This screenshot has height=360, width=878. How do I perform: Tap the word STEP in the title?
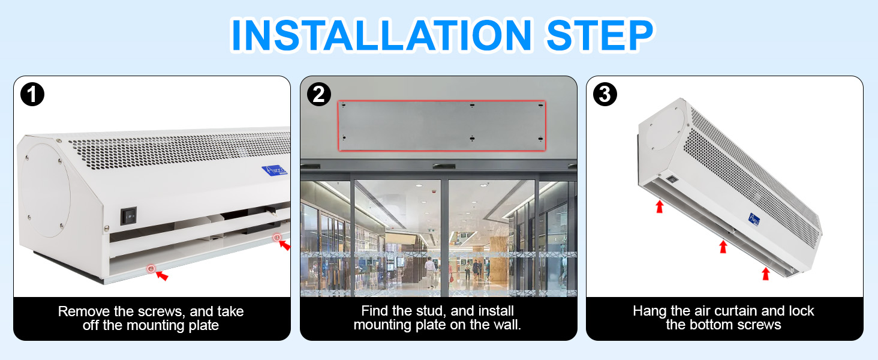coord(600,35)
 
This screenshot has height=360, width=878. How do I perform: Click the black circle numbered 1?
coord(32,94)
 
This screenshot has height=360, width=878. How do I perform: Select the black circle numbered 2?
coord(318,94)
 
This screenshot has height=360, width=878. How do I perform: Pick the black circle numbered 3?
coord(605,94)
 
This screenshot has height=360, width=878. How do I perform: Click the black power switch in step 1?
coord(128,215)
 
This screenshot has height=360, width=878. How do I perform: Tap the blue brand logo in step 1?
coord(275,170)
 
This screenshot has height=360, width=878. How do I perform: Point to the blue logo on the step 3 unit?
coord(754,219)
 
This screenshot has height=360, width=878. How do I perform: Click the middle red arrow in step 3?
coord(723,247)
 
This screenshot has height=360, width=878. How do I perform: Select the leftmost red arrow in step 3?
coord(660,206)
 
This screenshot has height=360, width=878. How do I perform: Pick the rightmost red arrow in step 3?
coord(765,274)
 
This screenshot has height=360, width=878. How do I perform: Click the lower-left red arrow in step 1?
coord(162,275)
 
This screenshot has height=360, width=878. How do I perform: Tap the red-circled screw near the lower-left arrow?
coord(151,269)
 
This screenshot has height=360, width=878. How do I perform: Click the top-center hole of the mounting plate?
coord(472,105)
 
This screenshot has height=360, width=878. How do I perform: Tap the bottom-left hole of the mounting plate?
coord(344,137)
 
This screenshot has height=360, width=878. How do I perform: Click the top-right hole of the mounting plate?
coord(540,106)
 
